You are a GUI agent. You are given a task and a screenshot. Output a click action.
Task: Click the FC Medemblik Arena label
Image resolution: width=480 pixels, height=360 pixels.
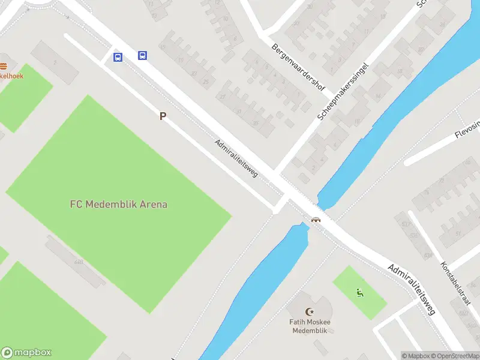tap(118, 204)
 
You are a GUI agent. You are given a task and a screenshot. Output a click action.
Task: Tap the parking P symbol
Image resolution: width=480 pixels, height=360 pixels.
tap(162, 116)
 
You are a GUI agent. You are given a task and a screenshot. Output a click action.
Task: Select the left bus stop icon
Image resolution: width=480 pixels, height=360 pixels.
tap(118, 58)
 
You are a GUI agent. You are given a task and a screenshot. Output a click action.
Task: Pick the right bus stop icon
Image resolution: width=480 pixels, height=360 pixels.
tap(142, 55)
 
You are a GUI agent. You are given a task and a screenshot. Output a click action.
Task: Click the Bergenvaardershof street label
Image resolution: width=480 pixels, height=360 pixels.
tap(298, 67)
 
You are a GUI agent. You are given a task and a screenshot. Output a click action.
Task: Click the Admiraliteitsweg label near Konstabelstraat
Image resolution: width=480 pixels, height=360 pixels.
tap(411, 289)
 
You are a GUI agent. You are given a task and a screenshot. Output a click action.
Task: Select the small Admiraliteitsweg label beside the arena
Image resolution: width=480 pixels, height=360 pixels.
tap(236, 158)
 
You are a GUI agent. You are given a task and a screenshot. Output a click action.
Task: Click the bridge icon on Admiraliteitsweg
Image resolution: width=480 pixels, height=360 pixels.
tap(316, 220)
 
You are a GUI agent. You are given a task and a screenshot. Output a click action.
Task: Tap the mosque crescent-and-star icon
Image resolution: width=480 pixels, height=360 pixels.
tap(310, 311)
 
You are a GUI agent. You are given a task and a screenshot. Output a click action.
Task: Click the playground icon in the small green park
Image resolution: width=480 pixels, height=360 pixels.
tap(359, 293)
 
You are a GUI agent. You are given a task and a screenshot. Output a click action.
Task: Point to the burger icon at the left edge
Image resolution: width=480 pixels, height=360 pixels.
tap(3, 66)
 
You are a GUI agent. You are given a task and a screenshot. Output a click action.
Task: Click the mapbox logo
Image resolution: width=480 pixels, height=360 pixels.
tap(27, 353)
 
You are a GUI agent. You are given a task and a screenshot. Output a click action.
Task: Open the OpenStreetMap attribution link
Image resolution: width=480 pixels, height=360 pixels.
tap(453, 356)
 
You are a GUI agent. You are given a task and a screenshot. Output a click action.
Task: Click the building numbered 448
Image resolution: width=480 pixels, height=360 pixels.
tap(79, 262)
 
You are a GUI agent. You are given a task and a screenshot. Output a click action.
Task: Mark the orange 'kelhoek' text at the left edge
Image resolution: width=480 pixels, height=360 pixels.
tap(12, 76)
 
